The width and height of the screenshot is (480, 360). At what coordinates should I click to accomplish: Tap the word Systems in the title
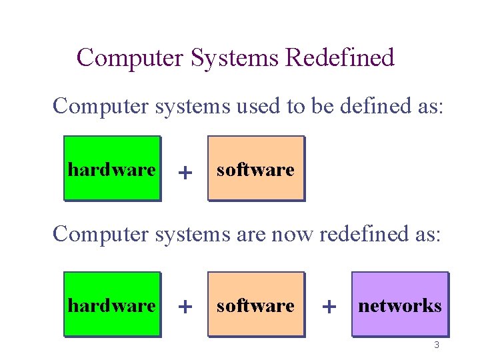[235, 58]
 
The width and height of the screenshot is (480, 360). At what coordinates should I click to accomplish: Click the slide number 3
[437, 345]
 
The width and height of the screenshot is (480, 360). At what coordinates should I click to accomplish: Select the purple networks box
[400, 304]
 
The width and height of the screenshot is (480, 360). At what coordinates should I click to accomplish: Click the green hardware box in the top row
[112, 168]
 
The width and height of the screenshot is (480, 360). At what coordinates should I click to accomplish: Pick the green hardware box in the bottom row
[112, 304]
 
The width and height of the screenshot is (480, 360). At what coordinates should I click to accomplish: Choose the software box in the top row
[255, 168]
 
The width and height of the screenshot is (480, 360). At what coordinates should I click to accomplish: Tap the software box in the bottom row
[255, 304]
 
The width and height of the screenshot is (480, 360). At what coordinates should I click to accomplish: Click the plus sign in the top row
[185, 173]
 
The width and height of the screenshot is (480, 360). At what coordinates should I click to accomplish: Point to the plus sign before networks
[328, 307]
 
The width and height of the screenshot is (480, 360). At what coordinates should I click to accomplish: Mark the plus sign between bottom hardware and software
[185, 307]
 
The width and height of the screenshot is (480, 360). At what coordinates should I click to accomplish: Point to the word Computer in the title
[130, 58]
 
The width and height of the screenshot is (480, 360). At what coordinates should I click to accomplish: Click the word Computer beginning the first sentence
[101, 106]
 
